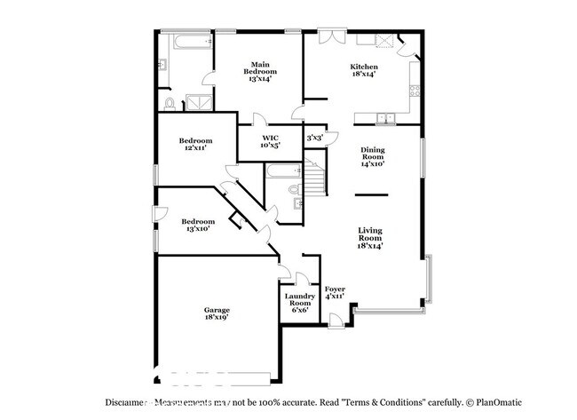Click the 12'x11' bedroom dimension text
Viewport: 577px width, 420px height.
point(195,148)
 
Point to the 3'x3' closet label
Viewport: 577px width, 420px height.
point(314,139)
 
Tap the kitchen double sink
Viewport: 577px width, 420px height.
point(385,118)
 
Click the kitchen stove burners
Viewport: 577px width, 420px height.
point(414,89)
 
